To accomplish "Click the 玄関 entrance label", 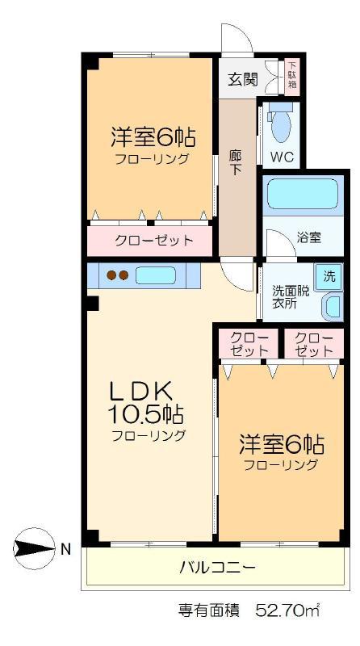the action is [x=243, y=79].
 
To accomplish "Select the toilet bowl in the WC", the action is [x=282, y=125].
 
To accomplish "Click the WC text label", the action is [x=283, y=157].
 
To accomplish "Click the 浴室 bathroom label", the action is [x=309, y=237].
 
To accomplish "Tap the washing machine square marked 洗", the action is [x=329, y=277].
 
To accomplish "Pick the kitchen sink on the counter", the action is [x=156, y=275].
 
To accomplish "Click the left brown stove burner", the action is [x=111, y=275].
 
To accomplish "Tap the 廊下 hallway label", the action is [x=236, y=162].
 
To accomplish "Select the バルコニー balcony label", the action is [x=217, y=568].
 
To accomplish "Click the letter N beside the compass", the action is [x=65, y=549].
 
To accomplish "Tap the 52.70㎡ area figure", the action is [x=288, y=610].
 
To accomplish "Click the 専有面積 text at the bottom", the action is [x=209, y=610].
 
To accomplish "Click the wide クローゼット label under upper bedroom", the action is [x=153, y=240].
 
